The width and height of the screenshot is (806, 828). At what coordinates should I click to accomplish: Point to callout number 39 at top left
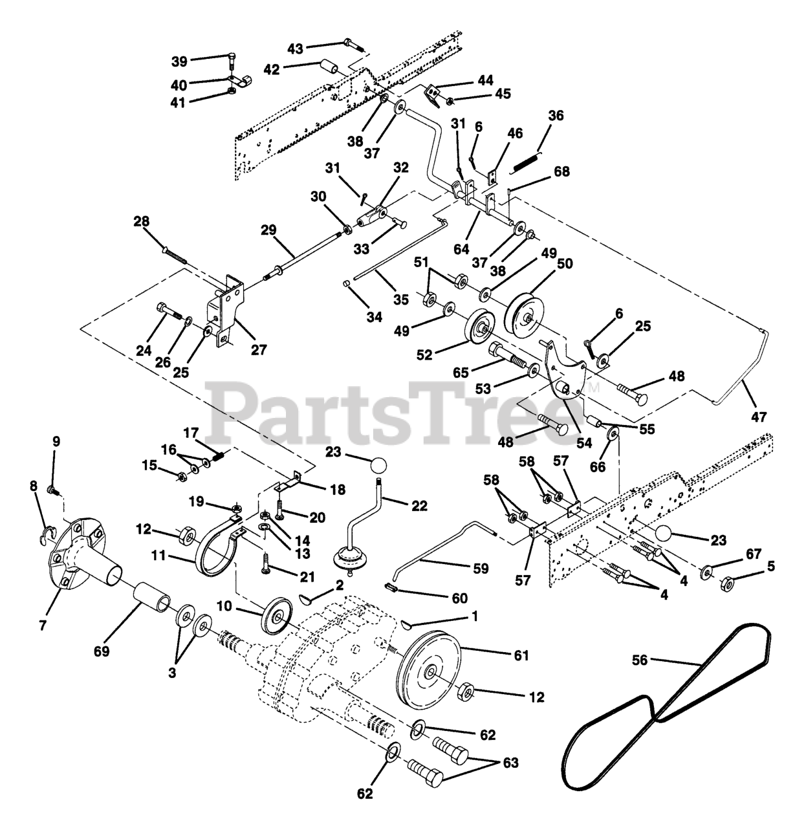pos(179,61)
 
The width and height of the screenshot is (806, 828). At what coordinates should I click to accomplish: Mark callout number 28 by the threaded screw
pos(141,221)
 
